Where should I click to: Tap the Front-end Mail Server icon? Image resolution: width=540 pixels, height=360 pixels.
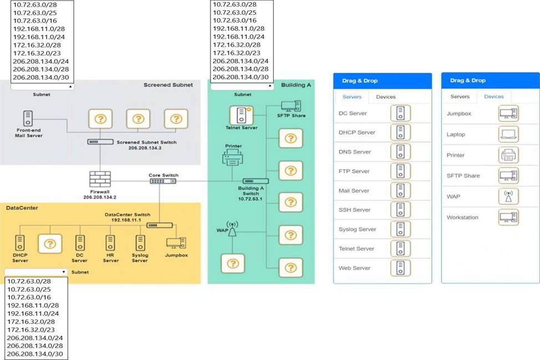[x=28, y=118]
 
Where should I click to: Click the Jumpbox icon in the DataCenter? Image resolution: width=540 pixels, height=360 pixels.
[x=176, y=242]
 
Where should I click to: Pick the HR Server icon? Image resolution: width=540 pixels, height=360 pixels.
[x=110, y=242]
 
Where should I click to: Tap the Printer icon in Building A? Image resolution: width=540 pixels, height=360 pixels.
[x=233, y=159]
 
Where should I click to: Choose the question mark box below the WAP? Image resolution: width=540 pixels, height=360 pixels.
[x=233, y=263]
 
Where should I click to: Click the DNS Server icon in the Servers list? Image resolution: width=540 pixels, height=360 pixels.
[x=400, y=152]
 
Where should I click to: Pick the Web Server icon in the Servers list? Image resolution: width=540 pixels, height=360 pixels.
[x=400, y=268]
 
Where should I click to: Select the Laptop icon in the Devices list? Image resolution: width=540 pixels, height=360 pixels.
[x=508, y=134]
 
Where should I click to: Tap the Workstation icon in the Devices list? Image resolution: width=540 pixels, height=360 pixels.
[x=508, y=217]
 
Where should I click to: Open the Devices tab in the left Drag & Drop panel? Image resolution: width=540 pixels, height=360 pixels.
[x=386, y=97]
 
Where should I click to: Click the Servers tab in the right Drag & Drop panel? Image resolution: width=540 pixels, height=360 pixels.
[x=460, y=97]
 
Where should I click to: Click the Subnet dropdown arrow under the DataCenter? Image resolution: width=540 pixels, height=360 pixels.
[x=64, y=272]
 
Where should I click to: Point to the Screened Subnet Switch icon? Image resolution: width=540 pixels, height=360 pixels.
[x=100, y=142]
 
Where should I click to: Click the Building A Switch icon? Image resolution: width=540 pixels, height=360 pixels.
[x=255, y=181]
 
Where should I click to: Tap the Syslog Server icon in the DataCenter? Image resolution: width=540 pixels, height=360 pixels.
[x=140, y=242]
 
